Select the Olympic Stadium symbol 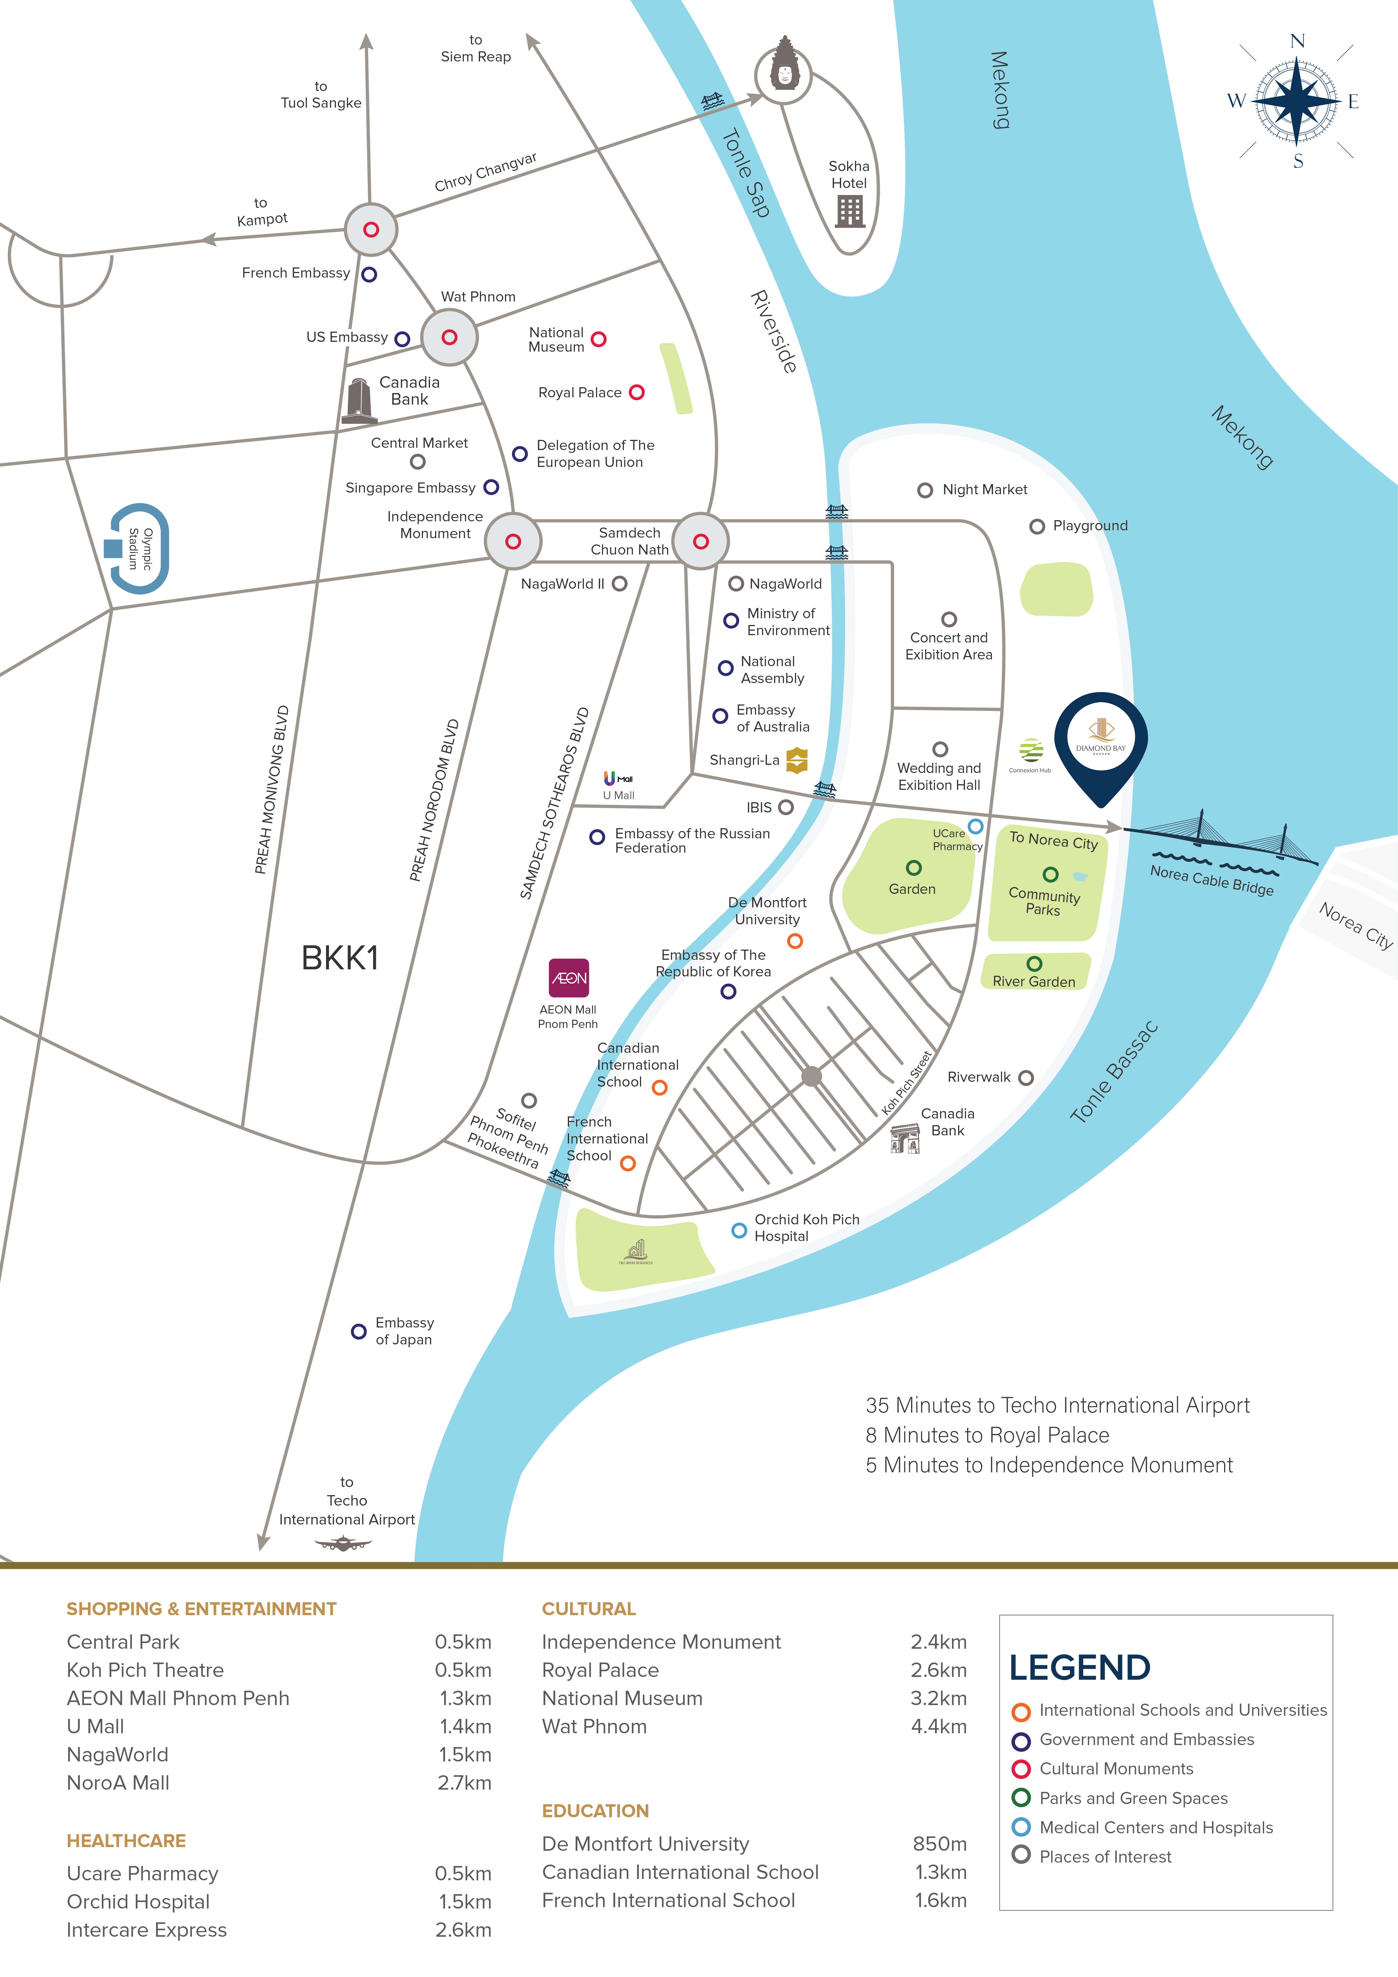pos(138,549)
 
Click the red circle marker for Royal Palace pos(637,393)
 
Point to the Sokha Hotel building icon pos(849,211)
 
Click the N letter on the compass pos(1297,41)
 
